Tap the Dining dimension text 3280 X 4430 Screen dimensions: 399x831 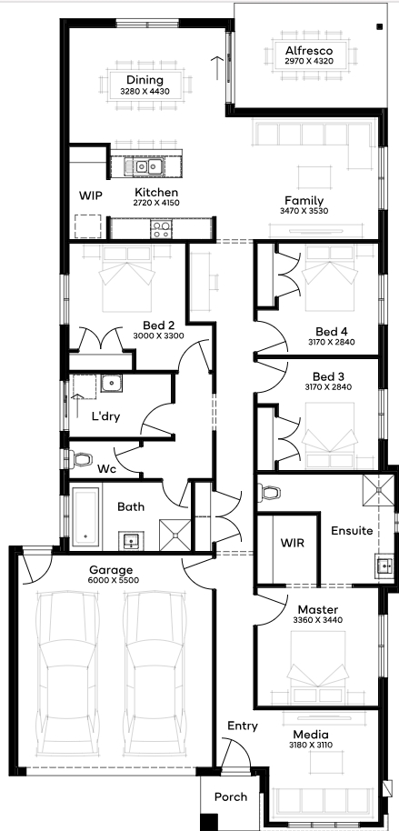tap(145, 92)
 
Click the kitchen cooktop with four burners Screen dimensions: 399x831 tap(161, 229)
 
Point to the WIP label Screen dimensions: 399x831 tap(91, 195)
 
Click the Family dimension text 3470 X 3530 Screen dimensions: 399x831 tap(304, 210)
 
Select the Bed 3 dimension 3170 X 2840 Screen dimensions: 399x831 tap(328, 387)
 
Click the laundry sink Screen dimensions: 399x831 tap(111, 383)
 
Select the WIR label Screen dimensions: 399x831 tap(293, 543)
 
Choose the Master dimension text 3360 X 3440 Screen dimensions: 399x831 tap(318, 619)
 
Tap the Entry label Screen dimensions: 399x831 tap(243, 726)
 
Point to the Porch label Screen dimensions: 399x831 tap(231, 796)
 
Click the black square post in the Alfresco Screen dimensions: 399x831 tap(379, 26)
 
